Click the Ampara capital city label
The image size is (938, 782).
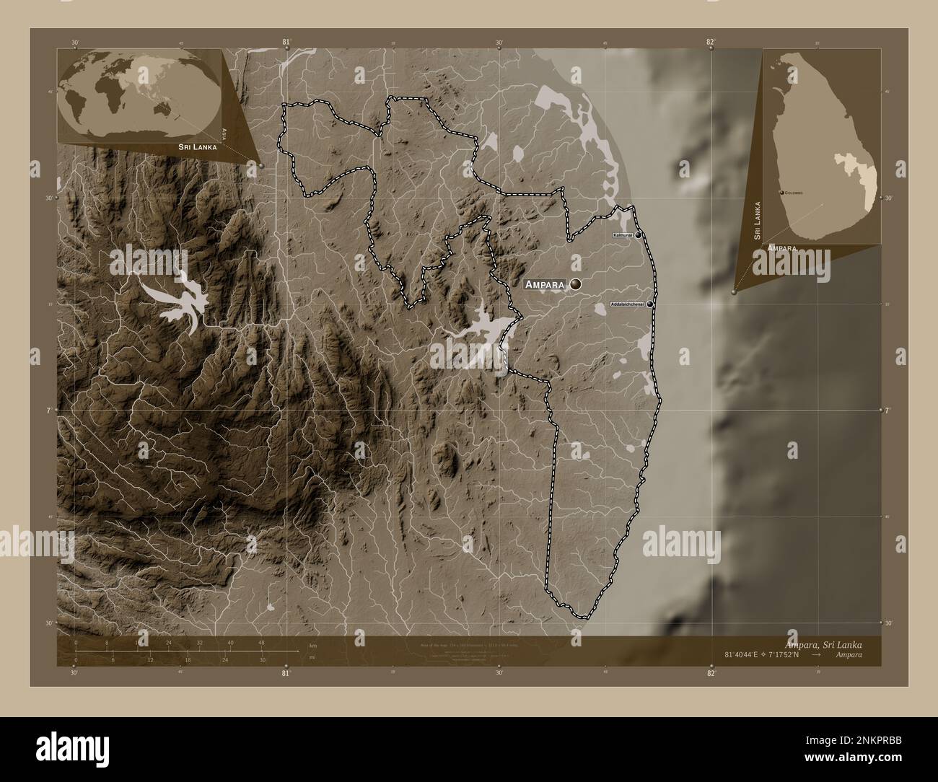[x=544, y=285]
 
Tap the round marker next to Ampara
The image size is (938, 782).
[x=575, y=285]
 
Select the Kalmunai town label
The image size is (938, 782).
[x=622, y=235]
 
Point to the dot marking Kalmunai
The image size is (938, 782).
[x=638, y=235]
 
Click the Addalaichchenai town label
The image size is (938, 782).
[x=628, y=304]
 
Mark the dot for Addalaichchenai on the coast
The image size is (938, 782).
[x=650, y=304]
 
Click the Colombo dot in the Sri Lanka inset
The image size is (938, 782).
[x=783, y=193]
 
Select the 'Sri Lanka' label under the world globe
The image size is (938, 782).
[x=196, y=146]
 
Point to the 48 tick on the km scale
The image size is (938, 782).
[x=261, y=643]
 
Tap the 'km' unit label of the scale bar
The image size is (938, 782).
[x=312, y=645]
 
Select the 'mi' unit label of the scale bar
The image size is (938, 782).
[x=312, y=658]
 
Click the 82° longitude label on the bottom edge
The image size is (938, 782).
[x=711, y=673]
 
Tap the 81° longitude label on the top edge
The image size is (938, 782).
[x=286, y=42]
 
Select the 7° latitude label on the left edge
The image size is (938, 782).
[x=47, y=410]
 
